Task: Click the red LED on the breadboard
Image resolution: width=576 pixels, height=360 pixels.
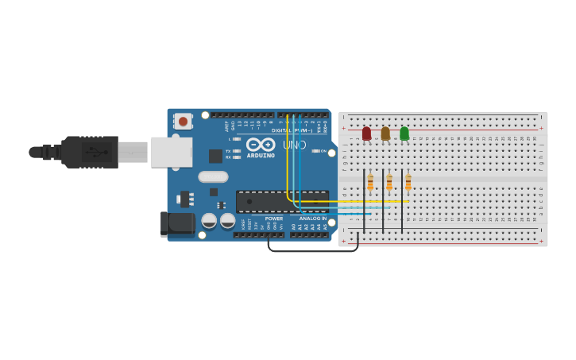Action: (366, 134)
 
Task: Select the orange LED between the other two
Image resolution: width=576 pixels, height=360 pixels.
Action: (385, 134)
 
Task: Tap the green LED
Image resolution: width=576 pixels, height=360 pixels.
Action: (404, 134)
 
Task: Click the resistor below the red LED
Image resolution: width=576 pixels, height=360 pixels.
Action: (370, 184)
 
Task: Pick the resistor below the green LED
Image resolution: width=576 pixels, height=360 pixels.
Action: (408, 184)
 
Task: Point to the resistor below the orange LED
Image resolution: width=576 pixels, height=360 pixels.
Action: (389, 184)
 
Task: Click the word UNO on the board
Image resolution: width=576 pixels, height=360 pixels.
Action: (295, 145)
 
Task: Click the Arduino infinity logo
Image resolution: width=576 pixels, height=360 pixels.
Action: (260, 145)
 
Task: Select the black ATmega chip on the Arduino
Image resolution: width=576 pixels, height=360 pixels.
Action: (282, 201)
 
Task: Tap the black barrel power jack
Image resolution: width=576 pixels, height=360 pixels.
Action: (177, 224)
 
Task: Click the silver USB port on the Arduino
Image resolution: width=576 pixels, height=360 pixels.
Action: (172, 152)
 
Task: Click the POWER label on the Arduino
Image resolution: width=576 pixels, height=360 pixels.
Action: (273, 219)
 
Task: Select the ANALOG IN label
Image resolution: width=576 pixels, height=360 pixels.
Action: (312, 219)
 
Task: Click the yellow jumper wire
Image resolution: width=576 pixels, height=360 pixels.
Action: (287, 159)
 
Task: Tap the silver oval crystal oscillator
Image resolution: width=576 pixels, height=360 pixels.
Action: (213, 176)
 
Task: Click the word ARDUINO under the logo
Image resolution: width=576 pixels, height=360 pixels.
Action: (261, 156)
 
